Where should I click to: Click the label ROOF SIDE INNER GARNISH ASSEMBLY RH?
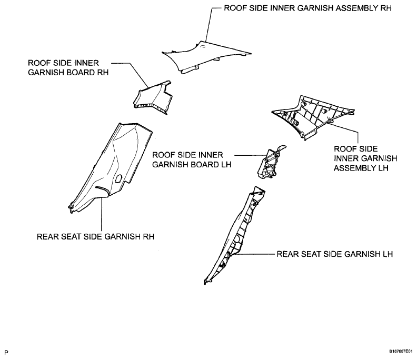[x=307, y=8]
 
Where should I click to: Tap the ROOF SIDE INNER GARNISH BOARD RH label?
[x=68, y=67]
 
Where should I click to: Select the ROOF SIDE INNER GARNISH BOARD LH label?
[x=192, y=159]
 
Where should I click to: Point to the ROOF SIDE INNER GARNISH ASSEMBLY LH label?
[x=365, y=158]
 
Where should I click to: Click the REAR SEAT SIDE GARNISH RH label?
[x=95, y=237]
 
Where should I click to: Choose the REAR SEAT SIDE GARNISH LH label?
[x=334, y=254]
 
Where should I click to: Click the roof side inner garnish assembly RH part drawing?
[x=206, y=57]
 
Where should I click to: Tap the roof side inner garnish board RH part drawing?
[x=153, y=97]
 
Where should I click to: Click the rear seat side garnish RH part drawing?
[x=111, y=167]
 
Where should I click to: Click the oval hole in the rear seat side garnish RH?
[x=118, y=178]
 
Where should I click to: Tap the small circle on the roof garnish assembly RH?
[x=203, y=47]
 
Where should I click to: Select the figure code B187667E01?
[x=401, y=352]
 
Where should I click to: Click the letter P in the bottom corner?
[x=6, y=353]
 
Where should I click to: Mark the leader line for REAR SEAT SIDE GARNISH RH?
[x=102, y=214]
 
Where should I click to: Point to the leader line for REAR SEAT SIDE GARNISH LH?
[x=254, y=254]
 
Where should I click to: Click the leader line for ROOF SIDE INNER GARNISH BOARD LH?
[x=250, y=156]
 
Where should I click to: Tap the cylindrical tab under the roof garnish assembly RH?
[x=190, y=69]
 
